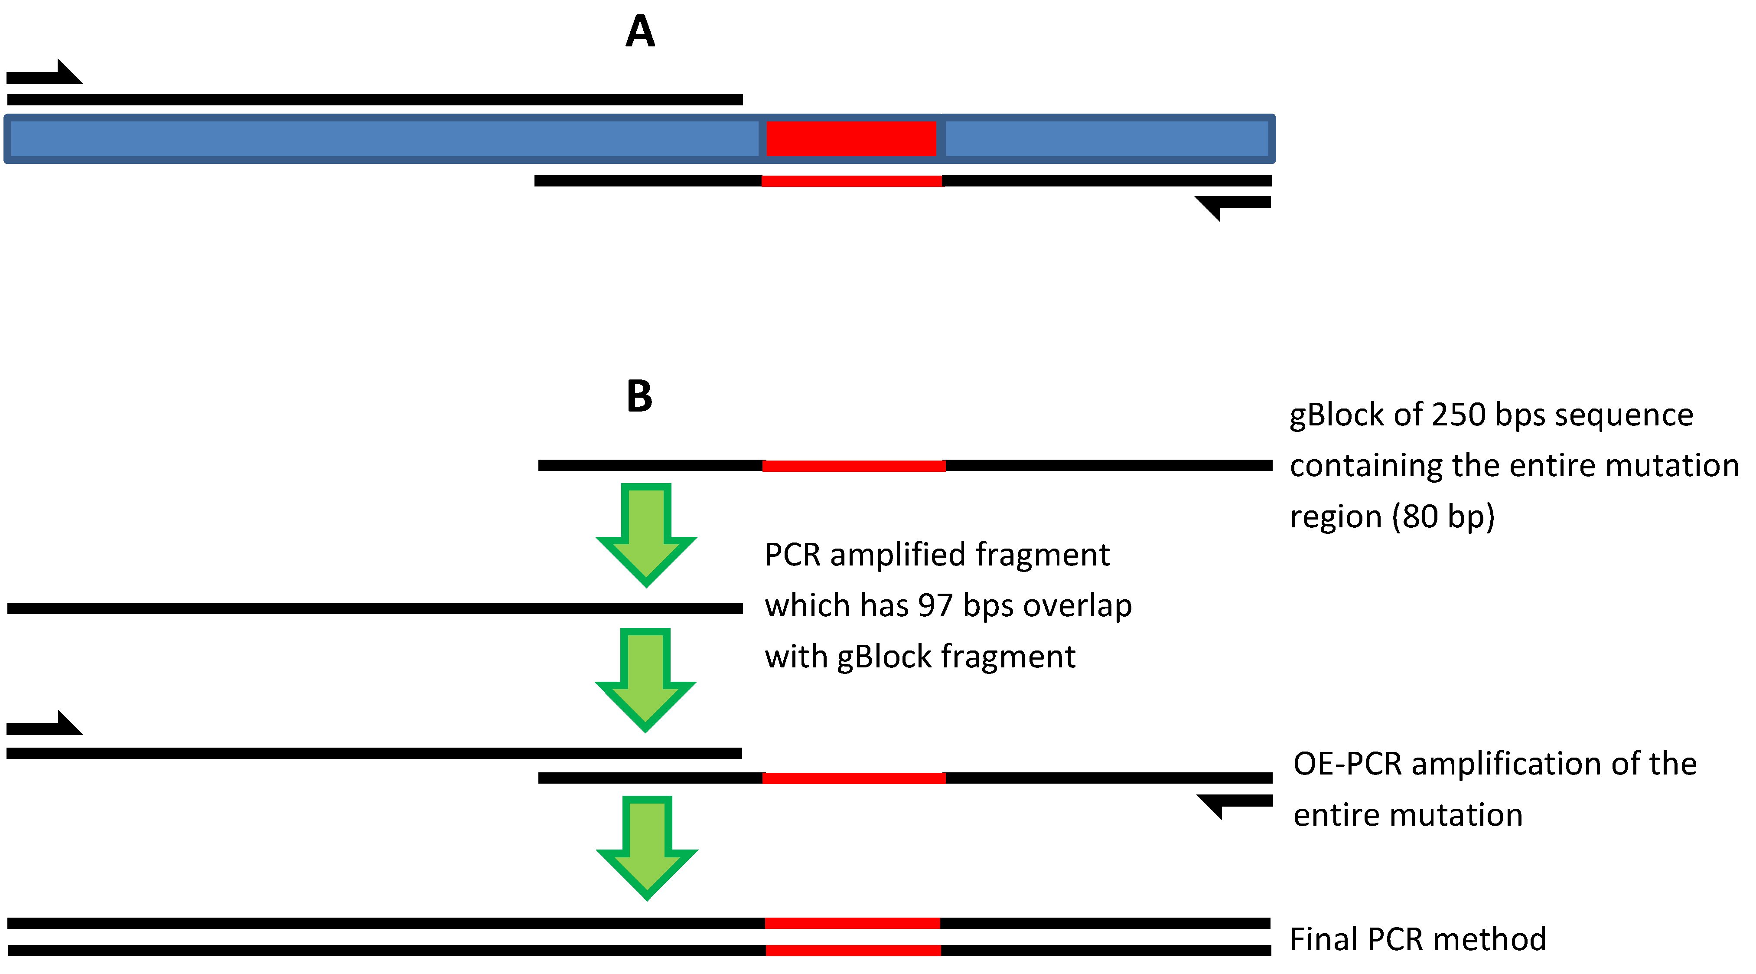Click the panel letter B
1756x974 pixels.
click(x=639, y=396)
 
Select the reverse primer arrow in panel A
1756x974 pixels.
click(x=1232, y=208)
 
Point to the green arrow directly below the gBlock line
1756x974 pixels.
click(x=646, y=535)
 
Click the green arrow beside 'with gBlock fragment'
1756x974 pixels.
click(x=645, y=680)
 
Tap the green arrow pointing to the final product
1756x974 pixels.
click(x=647, y=848)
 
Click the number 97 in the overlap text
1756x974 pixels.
click(x=935, y=605)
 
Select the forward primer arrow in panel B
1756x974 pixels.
click(x=44, y=722)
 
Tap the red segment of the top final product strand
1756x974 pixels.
click(x=852, y=923)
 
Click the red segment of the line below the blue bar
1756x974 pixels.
click(x=851, y=181)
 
